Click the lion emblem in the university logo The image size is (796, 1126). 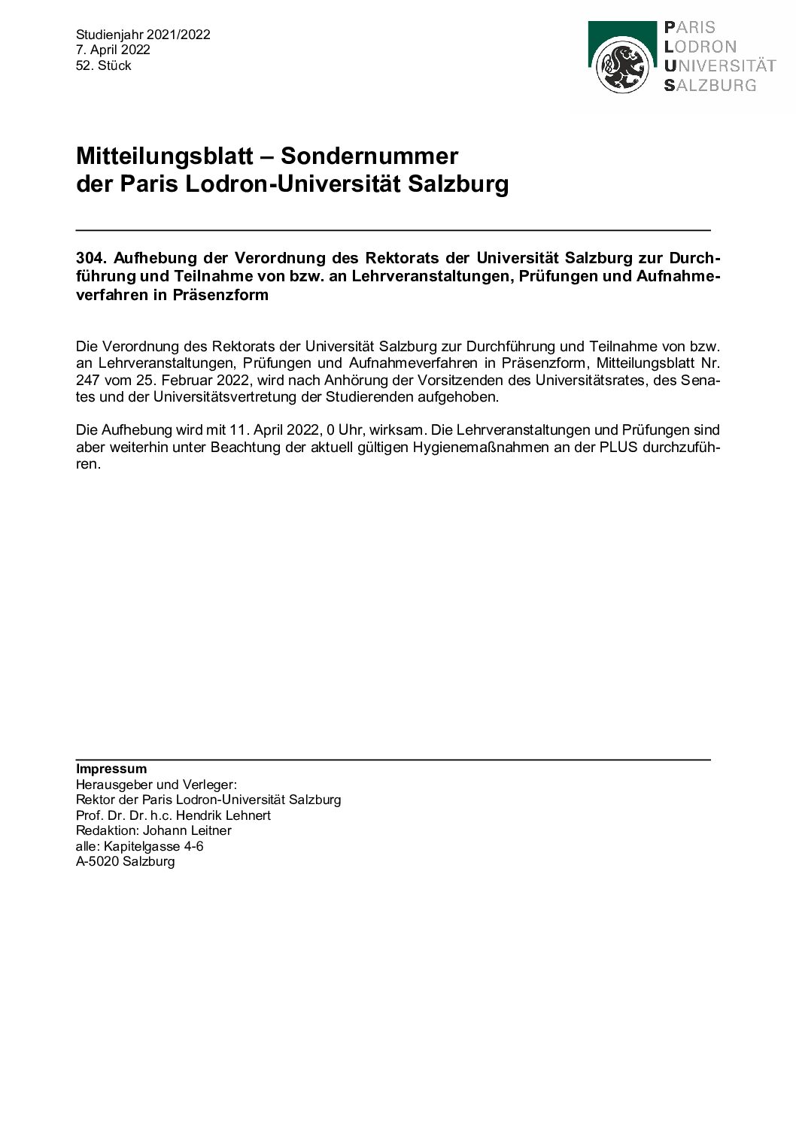(x=621, y=67)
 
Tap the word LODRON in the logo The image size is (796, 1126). (x=700, y=47)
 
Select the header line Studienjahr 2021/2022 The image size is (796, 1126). (x=143, y=35)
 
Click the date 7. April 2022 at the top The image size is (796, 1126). (x=113, y=50)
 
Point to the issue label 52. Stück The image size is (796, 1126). (x=104, y=66)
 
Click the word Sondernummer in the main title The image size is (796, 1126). (x=369, y=156)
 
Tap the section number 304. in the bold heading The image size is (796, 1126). (x=91, y=258)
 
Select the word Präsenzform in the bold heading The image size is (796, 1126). (x=220, y=295)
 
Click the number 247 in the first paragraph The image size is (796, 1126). (x=88, y=380)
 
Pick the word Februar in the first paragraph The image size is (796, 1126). (x=187, y=380)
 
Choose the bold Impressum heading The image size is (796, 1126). (x=111, y=769)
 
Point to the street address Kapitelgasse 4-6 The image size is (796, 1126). (x=153, y=846)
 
